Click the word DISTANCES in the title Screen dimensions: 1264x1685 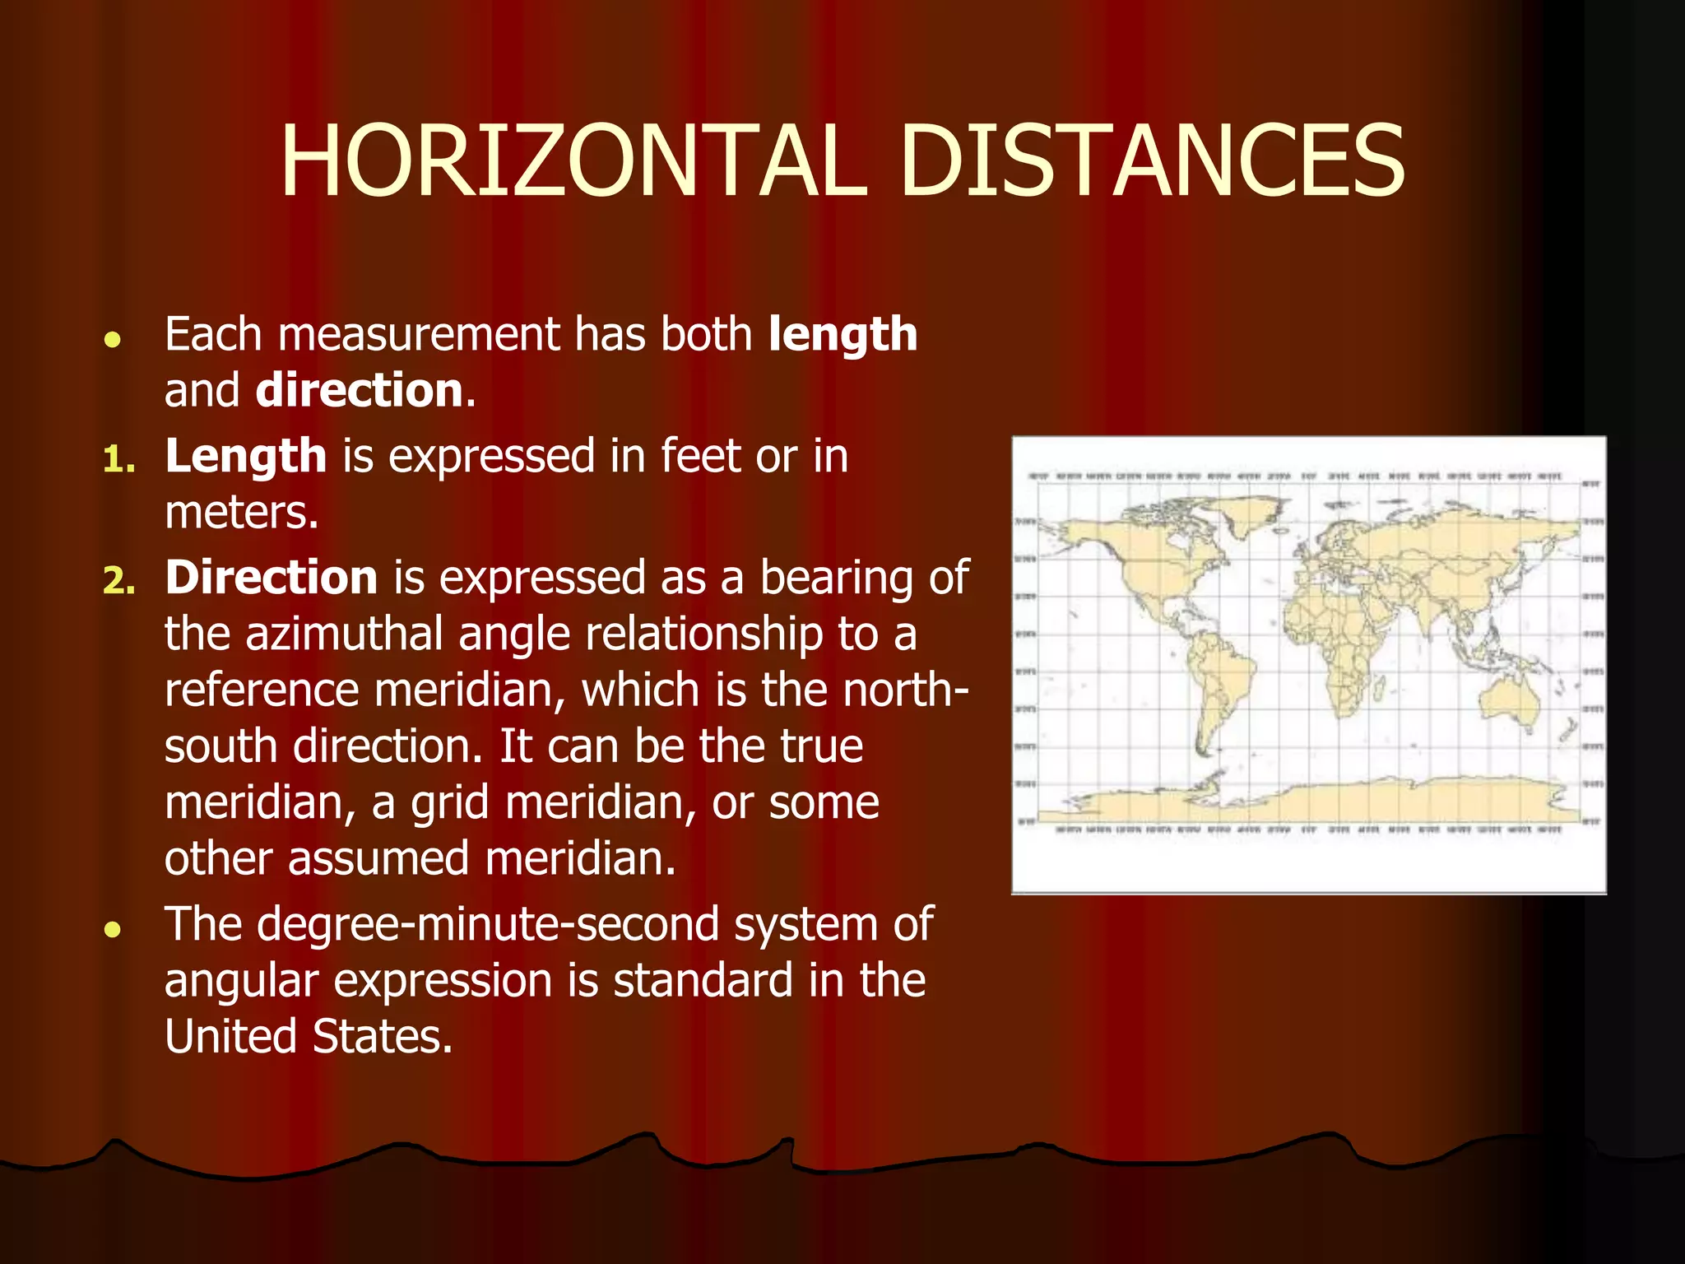click(x=1152, y=162)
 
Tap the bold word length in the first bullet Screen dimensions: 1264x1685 click(x=842, y=335)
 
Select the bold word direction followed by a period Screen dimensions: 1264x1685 click(x=360, y=390)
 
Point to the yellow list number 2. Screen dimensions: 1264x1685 click(x=118, y=581)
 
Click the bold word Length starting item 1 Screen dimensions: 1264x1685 click(x=246, y=456)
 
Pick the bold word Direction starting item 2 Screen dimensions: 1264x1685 click(x=272, y=578)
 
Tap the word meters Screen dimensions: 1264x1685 click(x=241, y=513)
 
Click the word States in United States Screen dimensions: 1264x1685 click(x=383, y=1037)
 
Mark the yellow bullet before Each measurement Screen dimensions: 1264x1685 click(x=114, y=339)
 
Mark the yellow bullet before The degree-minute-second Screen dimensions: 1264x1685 click(x=114, y=930)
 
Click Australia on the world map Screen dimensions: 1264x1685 click(x=1511, y=699)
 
